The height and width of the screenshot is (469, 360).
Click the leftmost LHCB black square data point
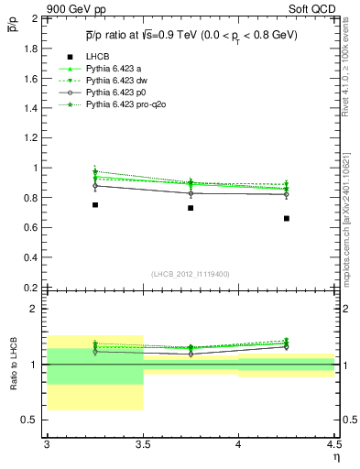click(94, 205)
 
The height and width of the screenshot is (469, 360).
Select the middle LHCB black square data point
click(191, 208)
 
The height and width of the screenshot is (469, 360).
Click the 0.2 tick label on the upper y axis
click(33, 288)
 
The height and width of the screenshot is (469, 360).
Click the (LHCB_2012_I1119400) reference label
click(191, 274)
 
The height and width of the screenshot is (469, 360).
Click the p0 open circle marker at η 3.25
click(94, 186)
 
